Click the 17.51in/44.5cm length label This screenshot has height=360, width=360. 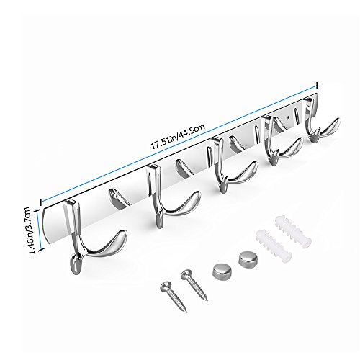tap(178, 136)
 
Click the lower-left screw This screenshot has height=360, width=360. tap(174, 297)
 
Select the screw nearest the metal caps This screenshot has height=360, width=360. tap(194, 285)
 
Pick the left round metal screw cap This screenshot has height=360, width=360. tap(222, 271)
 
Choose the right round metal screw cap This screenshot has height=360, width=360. tap(248, 258)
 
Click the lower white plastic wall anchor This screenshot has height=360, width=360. tap(274, 246)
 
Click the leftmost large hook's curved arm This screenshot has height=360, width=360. tap(106, 247)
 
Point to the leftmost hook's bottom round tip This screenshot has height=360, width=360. tap(76, 265)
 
